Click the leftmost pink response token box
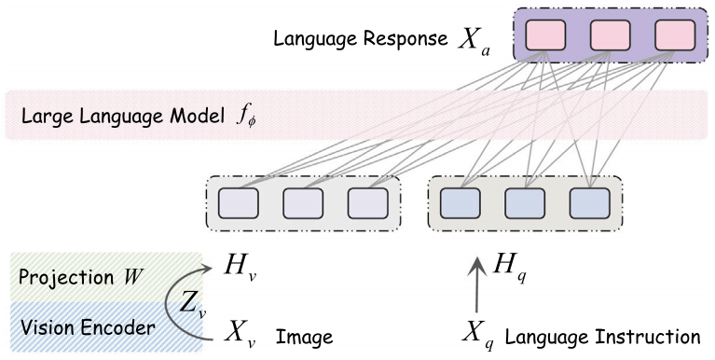pos(545,35)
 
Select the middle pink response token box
pos(610,35)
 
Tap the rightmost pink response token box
pos(675,35)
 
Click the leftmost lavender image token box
pos(239,203)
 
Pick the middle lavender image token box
pos(303,203)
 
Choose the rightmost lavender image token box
pos(368,203)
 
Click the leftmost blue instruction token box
pos(461,203)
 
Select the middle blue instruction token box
pos(525,203)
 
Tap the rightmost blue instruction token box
pos(589,203)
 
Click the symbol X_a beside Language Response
pos(474,42)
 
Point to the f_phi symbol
pos(246,118)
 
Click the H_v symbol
pos(241,268)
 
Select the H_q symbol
pos(511,269)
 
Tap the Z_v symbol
pos(193,304)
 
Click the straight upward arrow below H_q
pos(477,284)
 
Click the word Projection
pos(66,278)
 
